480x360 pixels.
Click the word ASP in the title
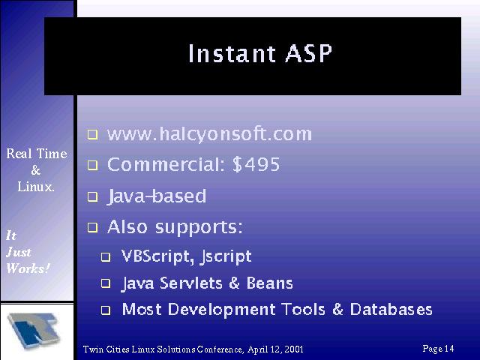point(308,53)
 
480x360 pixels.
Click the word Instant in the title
point(232,53)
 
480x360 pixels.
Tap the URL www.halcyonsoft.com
point(209,134)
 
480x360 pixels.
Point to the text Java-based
point(157,196)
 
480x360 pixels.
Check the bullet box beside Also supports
point(92,227)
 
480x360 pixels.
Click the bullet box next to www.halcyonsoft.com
point(92,134)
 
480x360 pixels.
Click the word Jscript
point(226,256)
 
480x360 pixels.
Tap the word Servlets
point(191,283)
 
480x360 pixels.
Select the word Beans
point(270,283)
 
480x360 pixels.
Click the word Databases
point(391,309)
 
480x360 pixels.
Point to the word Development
point(222,310)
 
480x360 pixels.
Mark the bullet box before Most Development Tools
point(106,310)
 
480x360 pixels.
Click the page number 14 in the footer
point(449,348)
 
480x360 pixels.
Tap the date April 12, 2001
point(275,349)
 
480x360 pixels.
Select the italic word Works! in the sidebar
point(28,268)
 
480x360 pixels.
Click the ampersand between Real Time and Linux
point(35,170)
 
